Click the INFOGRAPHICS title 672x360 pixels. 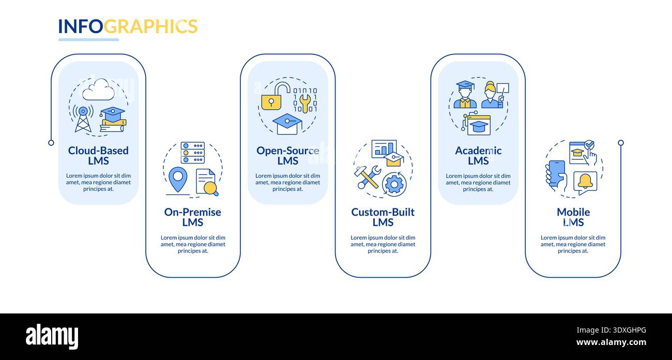click(x=128, y=26)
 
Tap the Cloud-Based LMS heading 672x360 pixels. click(x=98, y=156)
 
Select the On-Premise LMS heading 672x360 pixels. click(x=193, y=217)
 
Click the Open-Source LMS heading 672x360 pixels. click(x=288, y=156)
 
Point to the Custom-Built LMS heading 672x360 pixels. click(x=383, y=217)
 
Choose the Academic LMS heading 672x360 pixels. click(x=478, y=156)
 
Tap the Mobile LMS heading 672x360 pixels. click(x=573, y=217)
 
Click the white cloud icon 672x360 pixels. click(x=98, y=89)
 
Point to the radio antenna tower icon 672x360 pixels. click(x=83, y=118)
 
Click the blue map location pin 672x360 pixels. click(x=178, y=179)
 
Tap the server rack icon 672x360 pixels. click(x=193, y=153)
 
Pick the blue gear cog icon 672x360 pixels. click(x=394, y=184)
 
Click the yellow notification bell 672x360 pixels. click(x=585, y=181)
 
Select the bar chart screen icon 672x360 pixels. click(x=384, y=148)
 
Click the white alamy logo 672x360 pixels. click(x=52, y=336)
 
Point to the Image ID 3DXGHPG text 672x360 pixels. click(x=612, y=330)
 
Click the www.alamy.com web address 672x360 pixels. click(x=612, y=342)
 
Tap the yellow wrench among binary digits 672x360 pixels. click(x=305, y=103)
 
